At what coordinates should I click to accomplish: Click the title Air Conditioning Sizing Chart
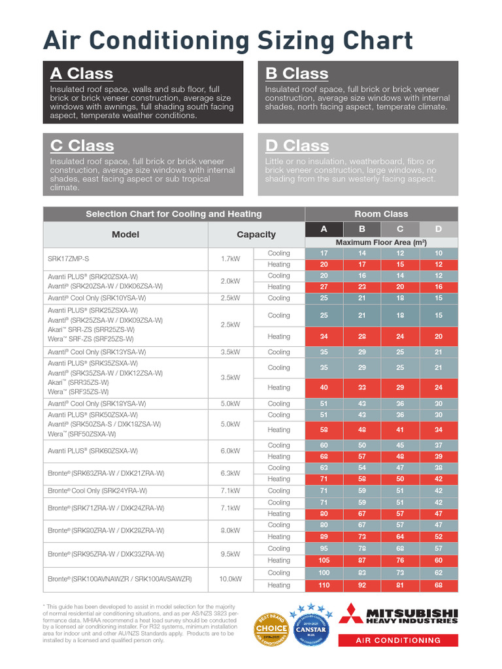tap(228, 41)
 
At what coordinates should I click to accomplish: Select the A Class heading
tap(82, 74)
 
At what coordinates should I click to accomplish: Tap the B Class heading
tap(297, 74)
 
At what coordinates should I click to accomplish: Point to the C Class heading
tap(82, 146)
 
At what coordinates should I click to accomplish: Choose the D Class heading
tap(297, 146)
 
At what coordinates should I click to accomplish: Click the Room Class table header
tap(381, 214)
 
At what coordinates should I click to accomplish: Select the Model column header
tap(125, 235)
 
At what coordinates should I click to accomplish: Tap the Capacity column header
tap(256, 235)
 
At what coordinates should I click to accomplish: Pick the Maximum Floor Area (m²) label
tap(381, 242)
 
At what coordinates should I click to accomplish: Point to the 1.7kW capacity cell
tap(230, 259)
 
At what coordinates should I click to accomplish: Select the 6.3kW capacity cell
tap(230, 473)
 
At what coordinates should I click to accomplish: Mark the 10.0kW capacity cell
tap(230, 579)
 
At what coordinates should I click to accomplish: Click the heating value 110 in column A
tap(324, 585)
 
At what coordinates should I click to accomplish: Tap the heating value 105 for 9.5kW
tap(324, 561)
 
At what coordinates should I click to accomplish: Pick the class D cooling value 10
tap(439, 253)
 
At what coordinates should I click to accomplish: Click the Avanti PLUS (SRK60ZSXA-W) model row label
tap(93, 451)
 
